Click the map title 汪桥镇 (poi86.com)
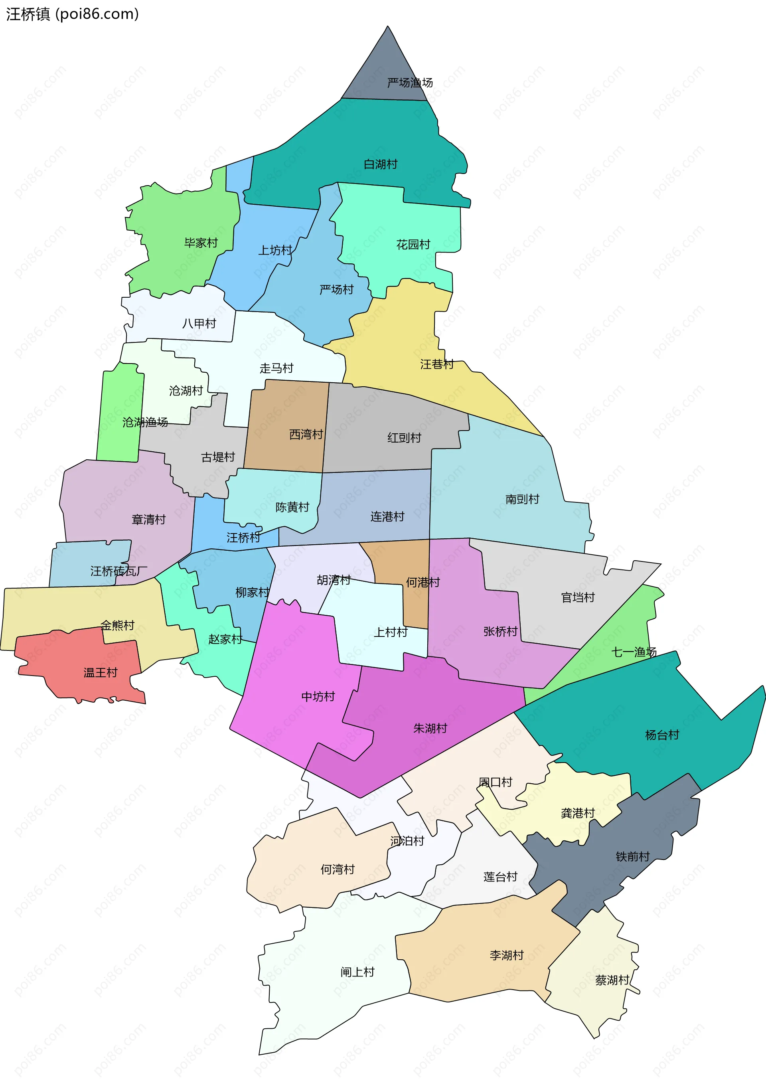72,14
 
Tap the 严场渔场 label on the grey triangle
409,83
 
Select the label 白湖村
380,164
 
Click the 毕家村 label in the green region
201,243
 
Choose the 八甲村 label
199,324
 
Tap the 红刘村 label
404,438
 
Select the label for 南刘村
522,499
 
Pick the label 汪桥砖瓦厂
118,571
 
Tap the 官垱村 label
577,598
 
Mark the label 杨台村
662,735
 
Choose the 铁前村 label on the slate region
632,856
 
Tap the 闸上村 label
357,972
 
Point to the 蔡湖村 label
612,980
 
